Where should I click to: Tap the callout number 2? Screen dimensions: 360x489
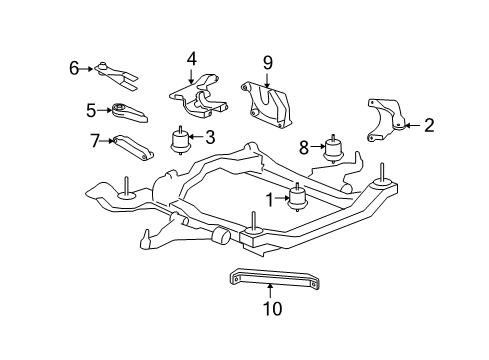[x=429, y=125]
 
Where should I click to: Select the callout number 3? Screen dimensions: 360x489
[x=210, y=138]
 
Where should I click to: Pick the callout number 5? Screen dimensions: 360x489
[x=90, y=111]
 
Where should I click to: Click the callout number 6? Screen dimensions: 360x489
[x=74, y=68]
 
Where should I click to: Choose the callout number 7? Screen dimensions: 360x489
[x=96, y=140]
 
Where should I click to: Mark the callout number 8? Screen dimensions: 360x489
[x=304, y=147]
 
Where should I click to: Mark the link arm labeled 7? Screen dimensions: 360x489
[x=133, y=146]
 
